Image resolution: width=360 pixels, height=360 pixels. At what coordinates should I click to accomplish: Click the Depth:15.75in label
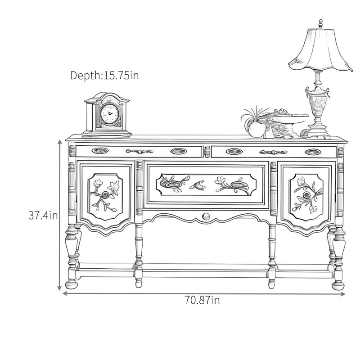104,75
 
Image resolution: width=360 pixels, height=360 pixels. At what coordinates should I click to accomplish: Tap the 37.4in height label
43,216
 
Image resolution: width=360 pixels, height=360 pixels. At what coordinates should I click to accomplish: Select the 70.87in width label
202,300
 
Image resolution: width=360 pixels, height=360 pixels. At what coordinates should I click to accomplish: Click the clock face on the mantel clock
110,114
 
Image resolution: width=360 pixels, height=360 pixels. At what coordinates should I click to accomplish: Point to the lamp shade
321,50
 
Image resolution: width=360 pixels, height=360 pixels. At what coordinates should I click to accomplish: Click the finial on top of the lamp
320,24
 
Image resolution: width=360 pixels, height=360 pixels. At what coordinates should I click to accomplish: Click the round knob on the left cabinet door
105,195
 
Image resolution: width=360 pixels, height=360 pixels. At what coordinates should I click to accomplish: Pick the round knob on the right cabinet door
306,195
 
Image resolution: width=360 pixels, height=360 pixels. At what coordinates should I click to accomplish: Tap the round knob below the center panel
206,216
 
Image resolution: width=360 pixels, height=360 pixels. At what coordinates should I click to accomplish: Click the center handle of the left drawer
139,151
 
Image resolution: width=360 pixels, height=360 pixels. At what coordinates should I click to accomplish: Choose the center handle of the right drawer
273,152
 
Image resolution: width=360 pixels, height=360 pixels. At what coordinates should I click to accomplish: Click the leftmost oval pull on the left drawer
100,151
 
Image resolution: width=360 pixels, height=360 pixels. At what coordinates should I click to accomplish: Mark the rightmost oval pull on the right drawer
313,152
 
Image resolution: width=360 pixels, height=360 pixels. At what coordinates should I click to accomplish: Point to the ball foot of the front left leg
72,285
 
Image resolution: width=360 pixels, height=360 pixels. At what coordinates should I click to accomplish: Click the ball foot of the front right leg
338,285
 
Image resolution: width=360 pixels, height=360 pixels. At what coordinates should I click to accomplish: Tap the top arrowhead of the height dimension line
60,142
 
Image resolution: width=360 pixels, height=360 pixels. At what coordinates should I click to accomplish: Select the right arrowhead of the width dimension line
343,294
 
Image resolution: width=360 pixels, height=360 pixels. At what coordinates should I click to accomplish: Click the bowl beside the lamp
290,122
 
